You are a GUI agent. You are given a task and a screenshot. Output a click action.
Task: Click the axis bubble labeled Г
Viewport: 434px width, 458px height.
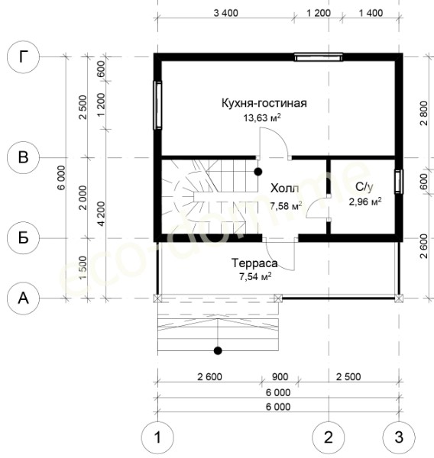coord(23,57)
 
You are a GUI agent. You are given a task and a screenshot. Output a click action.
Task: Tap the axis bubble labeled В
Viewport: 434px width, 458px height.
coord(23,157)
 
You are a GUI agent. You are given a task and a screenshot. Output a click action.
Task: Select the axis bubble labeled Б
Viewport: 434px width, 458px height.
coord(23,238)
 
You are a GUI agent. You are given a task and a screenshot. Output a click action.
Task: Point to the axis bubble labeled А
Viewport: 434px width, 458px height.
coord(23,298)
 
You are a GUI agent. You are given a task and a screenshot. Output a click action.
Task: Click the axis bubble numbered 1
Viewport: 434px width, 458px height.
coord(157,437)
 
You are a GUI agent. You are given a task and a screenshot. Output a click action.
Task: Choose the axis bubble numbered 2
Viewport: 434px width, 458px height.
coord(329,437)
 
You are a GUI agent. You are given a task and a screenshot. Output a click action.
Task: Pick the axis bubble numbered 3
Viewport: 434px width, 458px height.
coord(399,437)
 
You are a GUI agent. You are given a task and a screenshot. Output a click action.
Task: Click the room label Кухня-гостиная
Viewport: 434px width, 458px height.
coord(264,103)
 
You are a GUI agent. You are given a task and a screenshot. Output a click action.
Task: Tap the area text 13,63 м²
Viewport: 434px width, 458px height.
coord(262,118)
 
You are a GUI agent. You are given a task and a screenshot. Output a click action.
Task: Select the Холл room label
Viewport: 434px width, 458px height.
coord(284,189)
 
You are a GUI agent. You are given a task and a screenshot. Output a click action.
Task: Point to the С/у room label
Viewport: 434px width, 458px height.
coord(364,187)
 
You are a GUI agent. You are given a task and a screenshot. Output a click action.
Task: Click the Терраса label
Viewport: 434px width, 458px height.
coord(254,263)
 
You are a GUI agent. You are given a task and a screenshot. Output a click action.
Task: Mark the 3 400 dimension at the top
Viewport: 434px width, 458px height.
coord(225,13)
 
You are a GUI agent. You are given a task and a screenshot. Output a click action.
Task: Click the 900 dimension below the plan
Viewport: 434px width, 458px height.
coord(280,377)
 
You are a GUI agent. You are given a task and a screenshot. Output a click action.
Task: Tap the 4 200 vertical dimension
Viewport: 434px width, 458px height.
coord(101,214)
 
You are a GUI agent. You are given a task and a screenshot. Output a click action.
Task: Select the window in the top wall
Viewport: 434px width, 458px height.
coord(318,57)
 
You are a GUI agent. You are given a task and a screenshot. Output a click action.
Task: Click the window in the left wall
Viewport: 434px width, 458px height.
coord(157,105)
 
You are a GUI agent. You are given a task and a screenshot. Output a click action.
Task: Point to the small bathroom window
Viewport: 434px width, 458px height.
coord(399,182)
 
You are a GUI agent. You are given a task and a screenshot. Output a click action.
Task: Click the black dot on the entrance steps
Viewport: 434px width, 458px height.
coord(218,350)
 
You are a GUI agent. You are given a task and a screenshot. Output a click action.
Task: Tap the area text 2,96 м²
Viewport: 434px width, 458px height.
coord(365,202)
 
